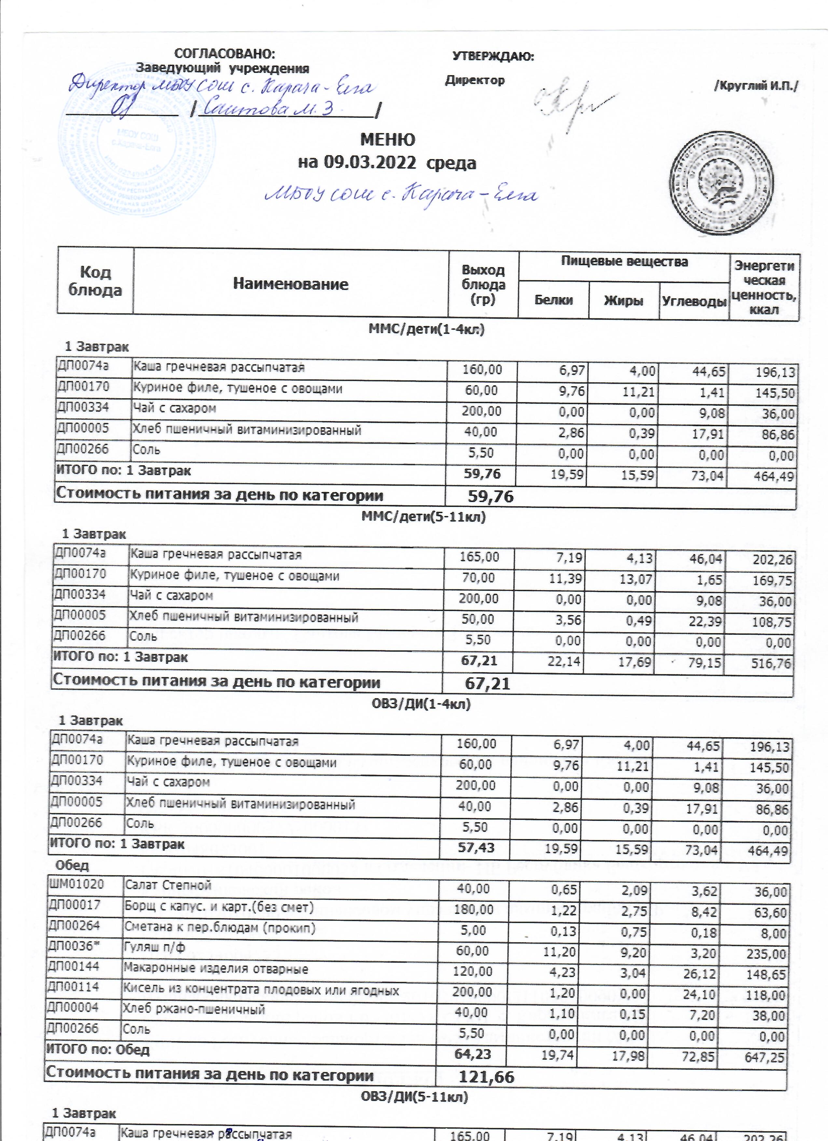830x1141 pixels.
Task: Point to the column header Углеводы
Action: click(694, 301)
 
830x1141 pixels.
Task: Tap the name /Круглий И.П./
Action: click(756, 86)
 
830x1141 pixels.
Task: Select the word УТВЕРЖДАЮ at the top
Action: click(493, 56)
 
